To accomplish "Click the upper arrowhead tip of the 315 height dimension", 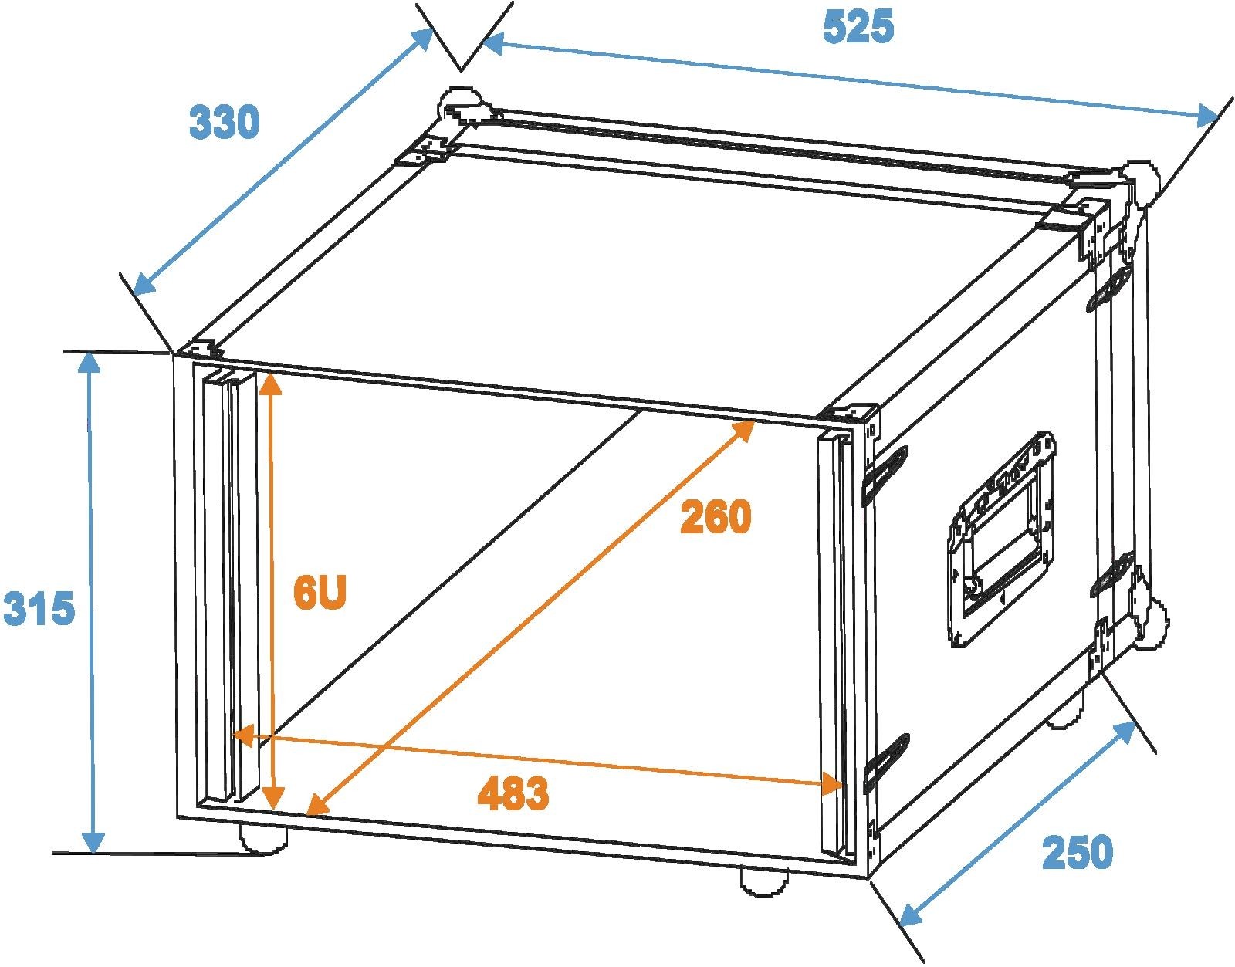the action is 88,352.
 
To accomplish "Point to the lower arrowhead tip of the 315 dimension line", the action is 93,853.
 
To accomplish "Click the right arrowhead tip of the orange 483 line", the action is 841,786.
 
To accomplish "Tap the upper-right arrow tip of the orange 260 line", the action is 755,421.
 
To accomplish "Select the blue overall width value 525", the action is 858,27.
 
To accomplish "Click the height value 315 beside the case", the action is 39,608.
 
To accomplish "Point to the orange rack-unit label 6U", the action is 320,592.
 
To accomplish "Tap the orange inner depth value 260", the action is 716,516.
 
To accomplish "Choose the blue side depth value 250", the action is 1077,852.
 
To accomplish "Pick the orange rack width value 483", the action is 513,793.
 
